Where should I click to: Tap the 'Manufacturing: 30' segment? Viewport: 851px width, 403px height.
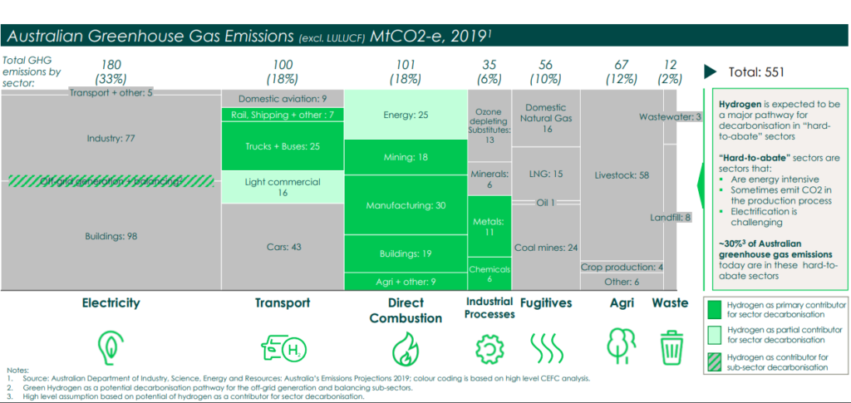coord(406,205)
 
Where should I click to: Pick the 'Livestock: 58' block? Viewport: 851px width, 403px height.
coord(622,175)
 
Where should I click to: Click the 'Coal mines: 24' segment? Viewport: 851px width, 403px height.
coord(545,247)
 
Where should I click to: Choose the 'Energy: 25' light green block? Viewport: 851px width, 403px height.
coord(406,115)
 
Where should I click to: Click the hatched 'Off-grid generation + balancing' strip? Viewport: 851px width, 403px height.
coord(111,181)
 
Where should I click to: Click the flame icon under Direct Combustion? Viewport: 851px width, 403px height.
coord(406,346)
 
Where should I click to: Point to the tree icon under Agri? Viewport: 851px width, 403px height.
coord(622,344)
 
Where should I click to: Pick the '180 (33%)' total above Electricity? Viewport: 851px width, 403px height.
coord(113,71)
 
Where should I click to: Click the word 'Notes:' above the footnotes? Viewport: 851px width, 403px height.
coord(17,370)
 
